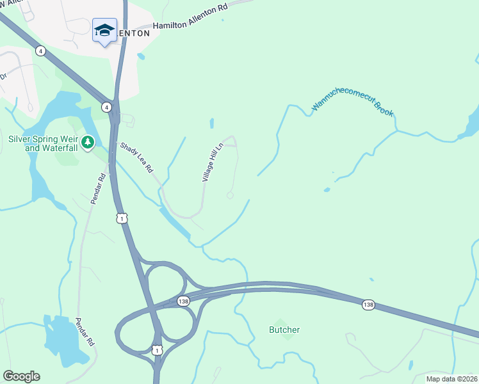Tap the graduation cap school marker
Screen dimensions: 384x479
coord(104,30)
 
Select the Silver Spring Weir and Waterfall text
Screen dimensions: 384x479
coord(43,143)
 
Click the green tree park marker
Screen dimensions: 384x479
coord(88,141)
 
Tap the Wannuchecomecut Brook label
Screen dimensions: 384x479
coord(353,106)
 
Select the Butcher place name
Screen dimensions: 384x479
coord(284,330)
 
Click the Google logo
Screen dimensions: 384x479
coord(21,376)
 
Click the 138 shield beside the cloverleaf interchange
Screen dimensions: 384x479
coord(184,301)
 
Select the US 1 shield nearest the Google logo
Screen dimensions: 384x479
coord(158,350)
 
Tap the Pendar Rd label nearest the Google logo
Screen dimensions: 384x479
coord(85,332)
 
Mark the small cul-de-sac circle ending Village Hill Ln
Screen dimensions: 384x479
coord(230,195)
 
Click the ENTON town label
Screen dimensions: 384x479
coord(133,33)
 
